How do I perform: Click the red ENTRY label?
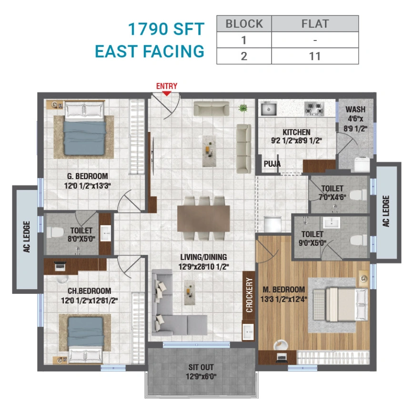(167, 86)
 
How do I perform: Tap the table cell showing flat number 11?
(314, 56)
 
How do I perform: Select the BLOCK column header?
(244, 23)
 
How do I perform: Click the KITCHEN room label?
(296, 132)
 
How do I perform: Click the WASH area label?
(355, 110)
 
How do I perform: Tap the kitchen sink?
(269, 110)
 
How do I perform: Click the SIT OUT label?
(201, 367)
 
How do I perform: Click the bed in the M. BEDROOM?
(339, 305)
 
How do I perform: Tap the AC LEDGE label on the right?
(386, 211)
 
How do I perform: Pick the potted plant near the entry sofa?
(243, 108)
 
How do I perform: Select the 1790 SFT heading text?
(166, 30)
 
